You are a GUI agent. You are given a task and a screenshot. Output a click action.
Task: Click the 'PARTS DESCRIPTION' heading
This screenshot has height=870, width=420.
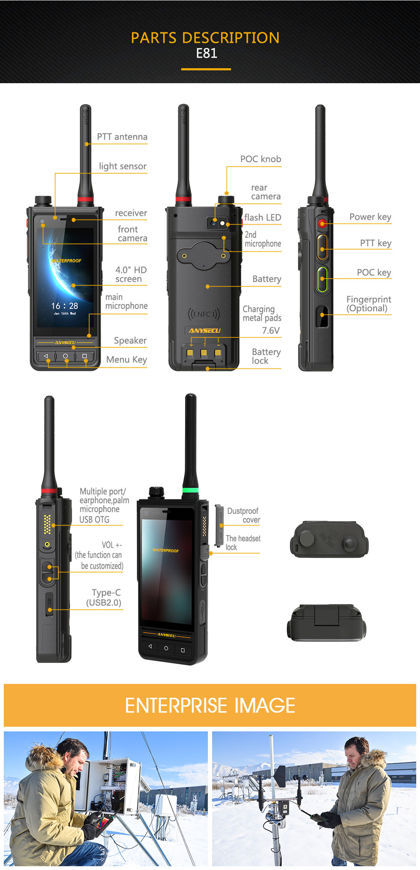tap(205, 38)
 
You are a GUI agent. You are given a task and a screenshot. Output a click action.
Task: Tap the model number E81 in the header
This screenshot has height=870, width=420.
tap(207, 53)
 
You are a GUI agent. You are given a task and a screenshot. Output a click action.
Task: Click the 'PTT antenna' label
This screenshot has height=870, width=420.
tap(122, 137)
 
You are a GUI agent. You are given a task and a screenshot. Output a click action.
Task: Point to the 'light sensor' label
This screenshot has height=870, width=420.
tap(123, 166)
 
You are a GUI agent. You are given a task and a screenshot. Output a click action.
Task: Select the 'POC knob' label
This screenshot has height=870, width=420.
tap(260, 159)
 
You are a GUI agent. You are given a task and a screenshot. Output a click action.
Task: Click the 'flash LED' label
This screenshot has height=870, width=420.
tap(262, 218)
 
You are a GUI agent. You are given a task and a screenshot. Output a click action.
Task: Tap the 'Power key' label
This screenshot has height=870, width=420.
tap(370, 217)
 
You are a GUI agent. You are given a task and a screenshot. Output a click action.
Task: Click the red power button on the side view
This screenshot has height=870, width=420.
tap(322, 223)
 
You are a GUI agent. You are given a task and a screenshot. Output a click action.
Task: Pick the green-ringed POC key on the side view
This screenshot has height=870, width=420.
tap(322, 279)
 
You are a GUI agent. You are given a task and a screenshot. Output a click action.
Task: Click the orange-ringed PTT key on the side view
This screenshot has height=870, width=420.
tap(322, 247)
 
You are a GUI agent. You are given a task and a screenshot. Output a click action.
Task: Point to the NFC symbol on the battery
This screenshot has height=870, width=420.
tap(204, 314)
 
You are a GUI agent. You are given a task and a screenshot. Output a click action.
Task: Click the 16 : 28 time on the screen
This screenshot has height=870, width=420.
tap(65, 306)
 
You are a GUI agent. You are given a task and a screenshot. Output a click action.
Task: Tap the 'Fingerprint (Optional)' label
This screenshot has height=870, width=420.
tap(369, 304)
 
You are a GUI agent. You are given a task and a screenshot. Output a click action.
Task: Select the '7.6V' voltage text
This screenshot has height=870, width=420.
tap(271, 331)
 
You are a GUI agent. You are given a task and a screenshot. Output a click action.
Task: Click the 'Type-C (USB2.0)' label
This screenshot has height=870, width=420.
tap(104, 598)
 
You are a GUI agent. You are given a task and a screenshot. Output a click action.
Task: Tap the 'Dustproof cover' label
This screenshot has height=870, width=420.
tap(244, 515)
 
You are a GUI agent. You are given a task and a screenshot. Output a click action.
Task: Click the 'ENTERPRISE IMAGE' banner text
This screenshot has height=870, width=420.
tap(210, 705)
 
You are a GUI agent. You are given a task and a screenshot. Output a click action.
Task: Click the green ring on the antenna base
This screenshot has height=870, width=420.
tap(190, 490)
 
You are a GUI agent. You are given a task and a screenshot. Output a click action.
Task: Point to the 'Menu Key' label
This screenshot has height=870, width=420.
tap(126, 360)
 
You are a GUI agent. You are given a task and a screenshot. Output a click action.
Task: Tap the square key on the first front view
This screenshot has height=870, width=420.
tap(84, 356)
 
